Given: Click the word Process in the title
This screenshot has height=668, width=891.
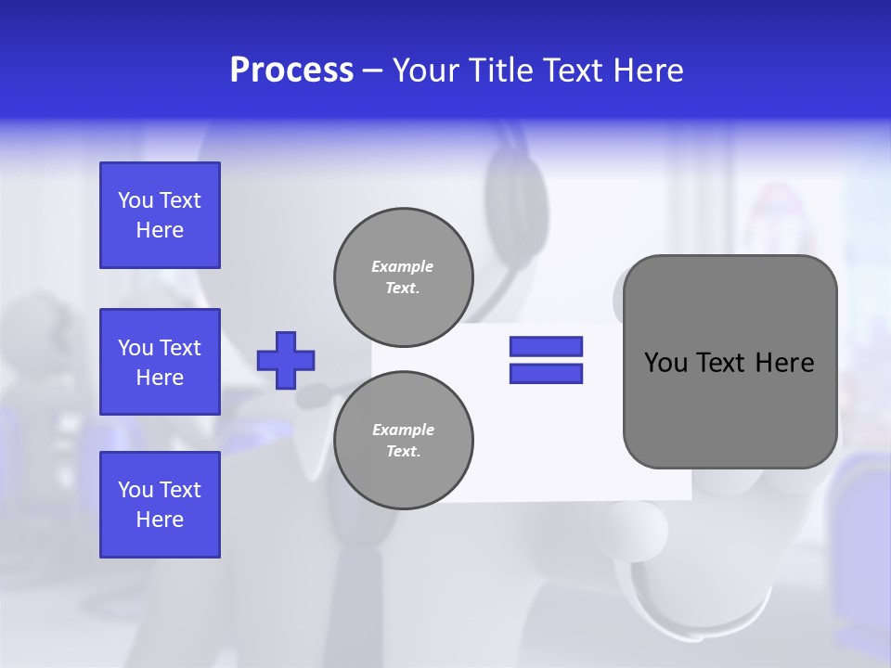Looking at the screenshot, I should (291, 71).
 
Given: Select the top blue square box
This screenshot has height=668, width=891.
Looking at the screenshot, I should (160, 215).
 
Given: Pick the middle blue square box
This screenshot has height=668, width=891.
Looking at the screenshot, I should (160, 362).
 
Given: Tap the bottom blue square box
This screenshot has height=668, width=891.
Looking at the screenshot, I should (160, 504).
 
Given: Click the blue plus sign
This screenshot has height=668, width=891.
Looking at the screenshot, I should (286, 360).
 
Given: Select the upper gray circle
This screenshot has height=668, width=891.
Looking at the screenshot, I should (404, 276).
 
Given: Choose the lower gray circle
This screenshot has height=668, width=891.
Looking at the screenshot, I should (404, 440).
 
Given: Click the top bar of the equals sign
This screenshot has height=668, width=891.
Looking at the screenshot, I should (546, 346).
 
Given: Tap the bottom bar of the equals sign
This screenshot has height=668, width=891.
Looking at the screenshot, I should (546, 373).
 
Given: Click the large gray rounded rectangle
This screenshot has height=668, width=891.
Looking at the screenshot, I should (730, 408).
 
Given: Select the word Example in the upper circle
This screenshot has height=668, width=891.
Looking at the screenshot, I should (402, 266).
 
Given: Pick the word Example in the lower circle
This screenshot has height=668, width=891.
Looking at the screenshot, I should (403, 430).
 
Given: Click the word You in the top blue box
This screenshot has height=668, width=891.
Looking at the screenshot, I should (135, 200).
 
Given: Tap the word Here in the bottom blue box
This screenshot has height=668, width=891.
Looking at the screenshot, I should (160, 520).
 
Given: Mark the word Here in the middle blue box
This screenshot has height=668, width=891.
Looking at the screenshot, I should (160, 378).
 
